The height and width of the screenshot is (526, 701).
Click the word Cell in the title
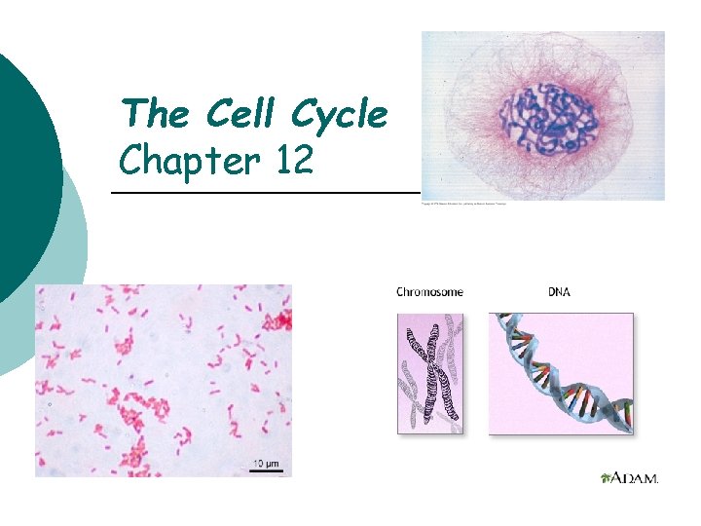point(235,115)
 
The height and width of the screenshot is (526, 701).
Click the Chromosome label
point(429,291)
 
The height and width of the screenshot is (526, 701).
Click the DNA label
point(559,291)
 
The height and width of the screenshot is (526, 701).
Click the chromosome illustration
point(430,373)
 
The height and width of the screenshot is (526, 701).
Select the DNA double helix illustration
point(560,373)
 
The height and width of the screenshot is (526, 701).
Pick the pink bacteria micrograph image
point(164,380)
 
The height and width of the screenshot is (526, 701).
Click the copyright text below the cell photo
point(463,205)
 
